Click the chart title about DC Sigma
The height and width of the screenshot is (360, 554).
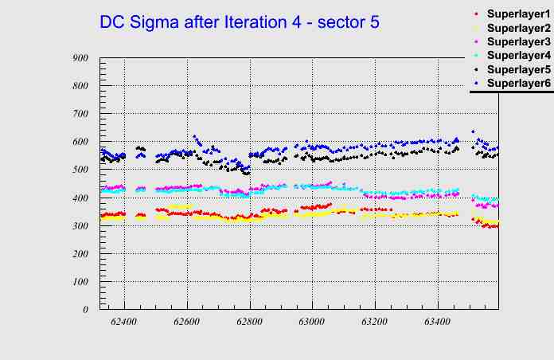click(239, 22)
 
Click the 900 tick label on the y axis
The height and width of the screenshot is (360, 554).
click(80, 58)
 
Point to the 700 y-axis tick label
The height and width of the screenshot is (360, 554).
click(80, 114)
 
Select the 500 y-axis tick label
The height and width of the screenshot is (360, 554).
click(80, 170)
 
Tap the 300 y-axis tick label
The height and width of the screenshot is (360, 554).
click(80, 225)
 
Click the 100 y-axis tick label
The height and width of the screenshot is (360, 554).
click(80, 282)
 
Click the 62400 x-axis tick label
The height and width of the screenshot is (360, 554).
click(124, 320)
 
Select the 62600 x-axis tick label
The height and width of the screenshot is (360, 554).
click(187, 320)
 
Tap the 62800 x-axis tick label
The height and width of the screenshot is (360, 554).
click(250, 320)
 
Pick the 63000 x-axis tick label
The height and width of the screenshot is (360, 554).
click(312, 320)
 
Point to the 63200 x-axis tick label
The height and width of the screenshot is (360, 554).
click(375, 320)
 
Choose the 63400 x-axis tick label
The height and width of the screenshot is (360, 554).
click(438, 320)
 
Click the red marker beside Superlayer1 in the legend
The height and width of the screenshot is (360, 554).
click(476, 14)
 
